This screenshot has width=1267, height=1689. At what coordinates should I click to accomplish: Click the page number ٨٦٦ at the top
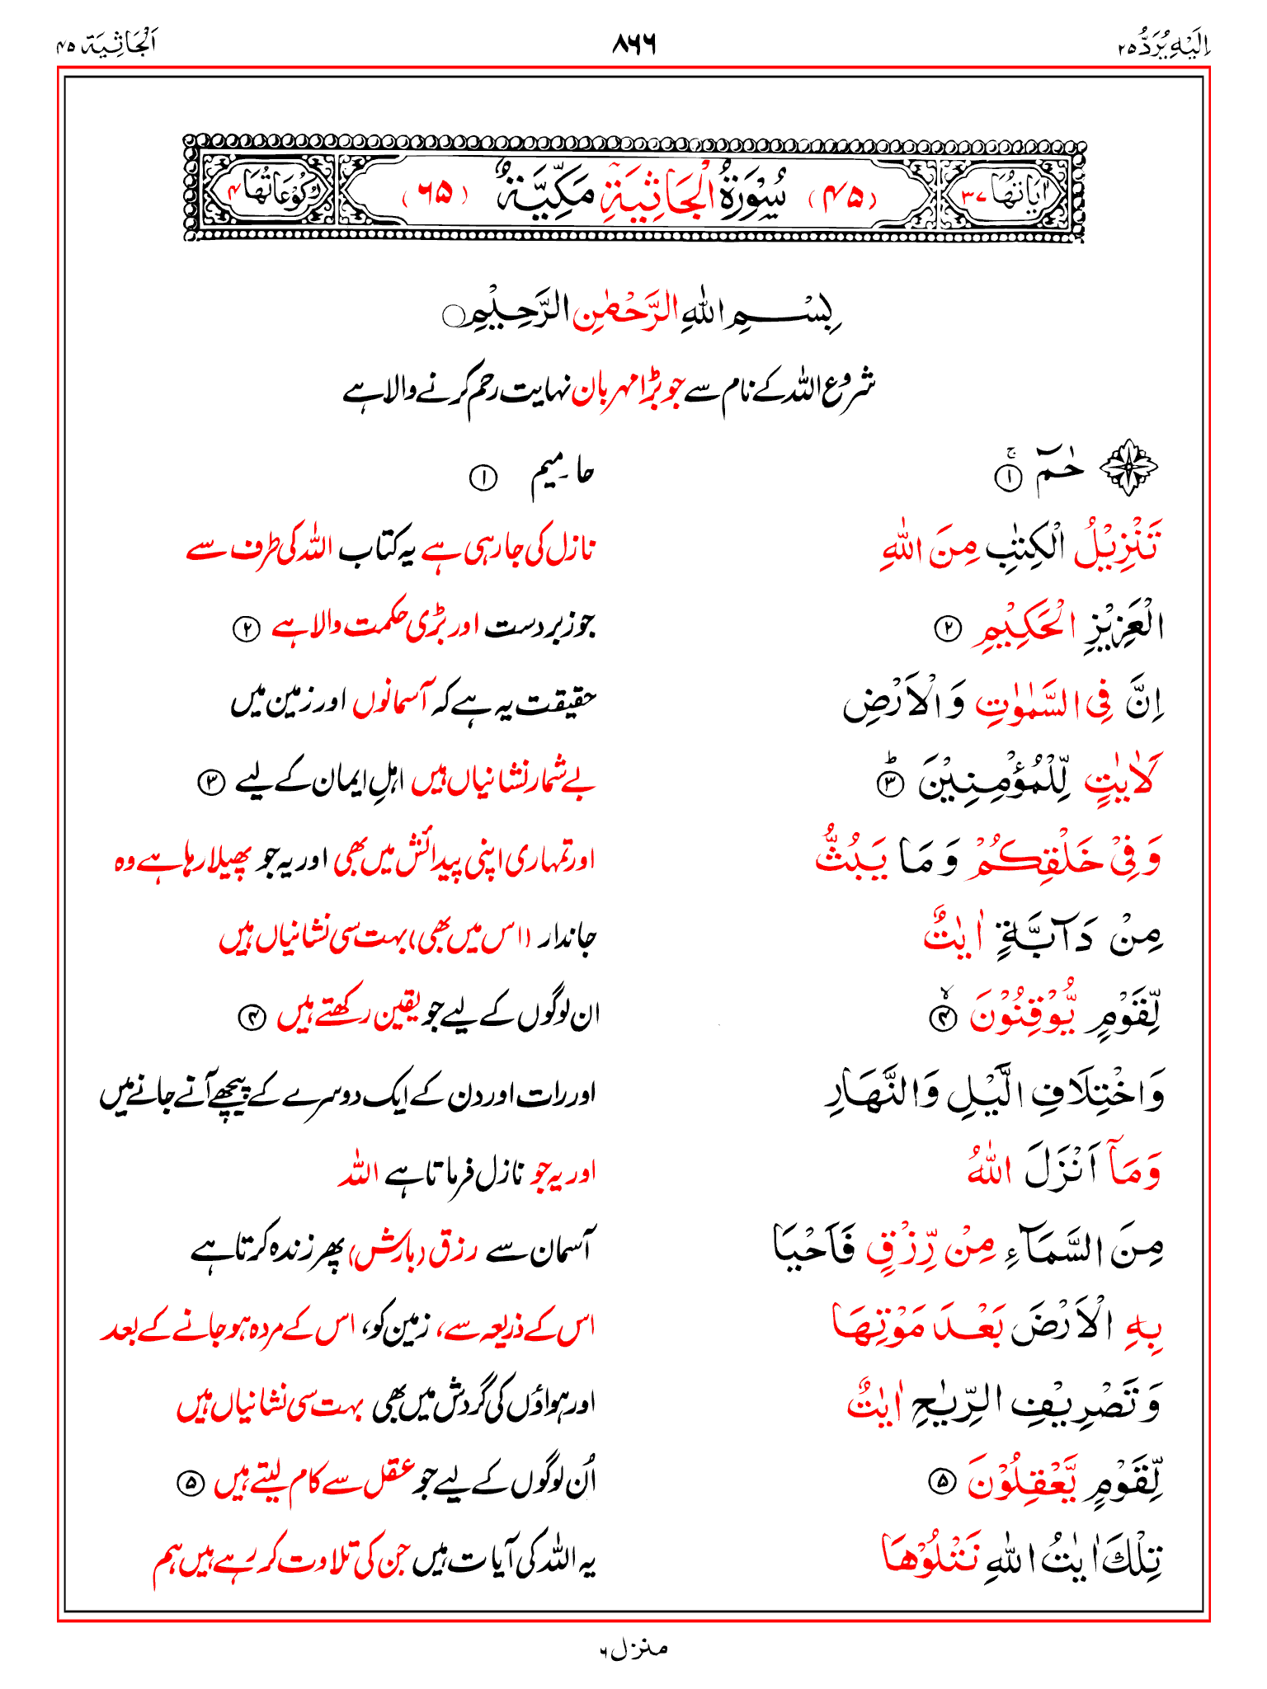pos(633,44)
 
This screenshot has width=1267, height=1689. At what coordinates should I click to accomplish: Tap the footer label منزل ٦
pos(633,1649)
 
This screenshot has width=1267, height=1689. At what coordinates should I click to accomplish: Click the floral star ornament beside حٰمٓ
pos(1130,468)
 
